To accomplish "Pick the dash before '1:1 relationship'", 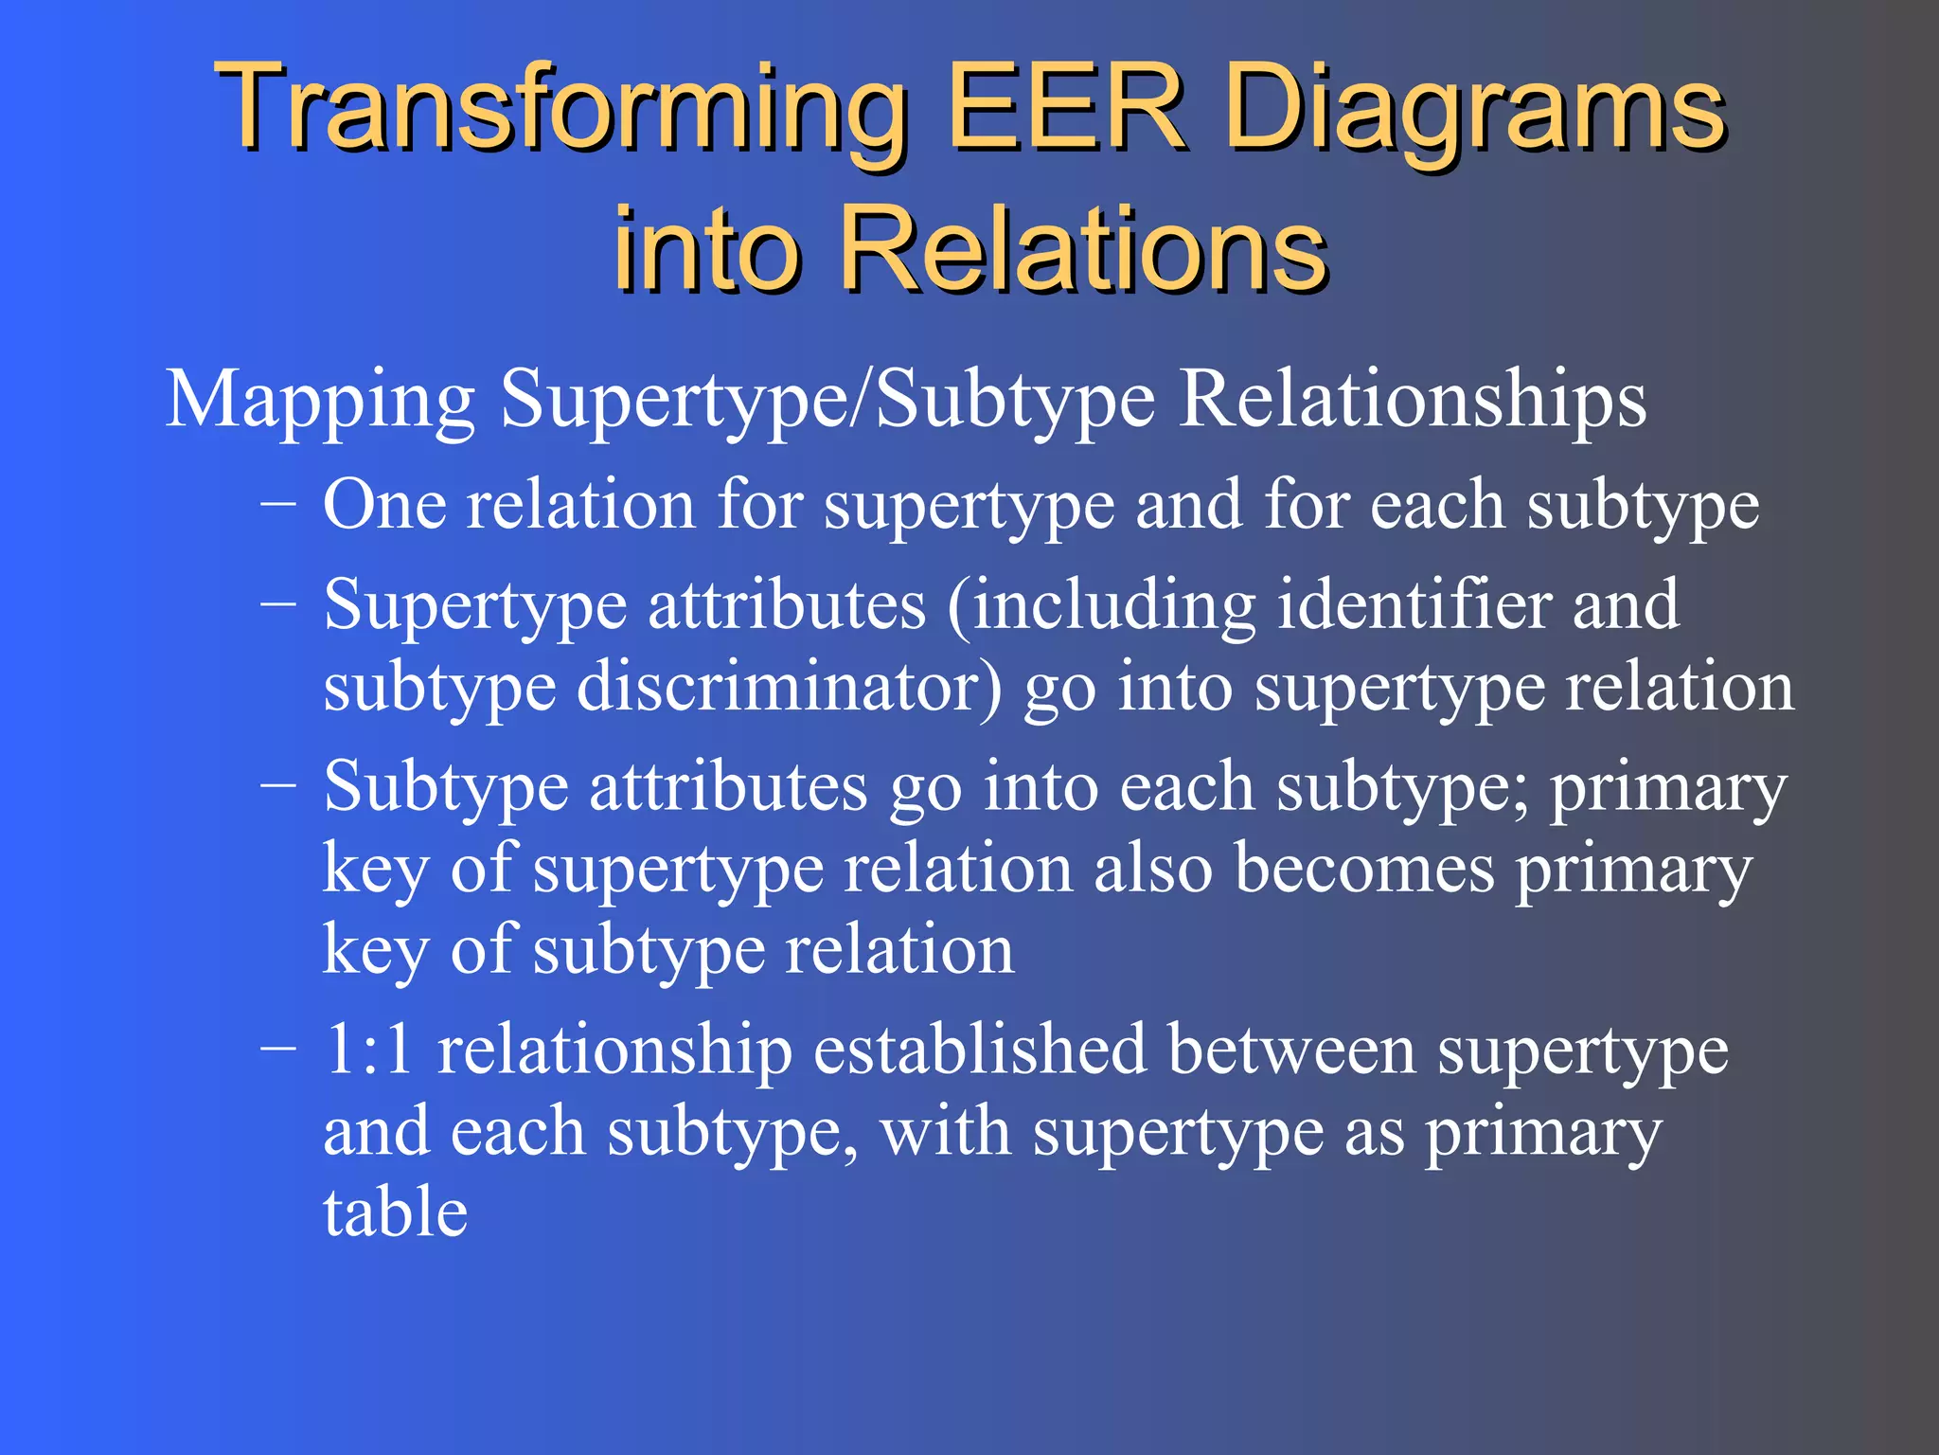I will coord(277,1050).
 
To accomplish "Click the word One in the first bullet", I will coord(383,504).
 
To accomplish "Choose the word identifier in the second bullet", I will coord(1414,603).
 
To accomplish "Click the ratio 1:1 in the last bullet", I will coord(368,1050).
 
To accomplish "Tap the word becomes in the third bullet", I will coord(1364,868).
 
